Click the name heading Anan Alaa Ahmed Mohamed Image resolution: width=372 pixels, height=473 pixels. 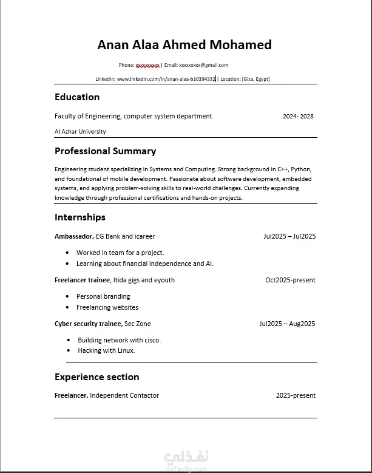coord(184,45)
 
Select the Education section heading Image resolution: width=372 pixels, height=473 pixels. coord(77,97)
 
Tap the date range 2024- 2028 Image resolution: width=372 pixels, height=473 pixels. coord(298,117)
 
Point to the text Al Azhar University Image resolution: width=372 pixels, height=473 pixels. coord(80,132)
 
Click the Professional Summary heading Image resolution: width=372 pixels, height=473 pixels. coord(105,151)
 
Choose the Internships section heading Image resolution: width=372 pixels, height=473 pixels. coord(79,217)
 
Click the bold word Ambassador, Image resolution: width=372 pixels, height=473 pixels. coord(73,236)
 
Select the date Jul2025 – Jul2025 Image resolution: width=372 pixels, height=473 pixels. coord(289,236)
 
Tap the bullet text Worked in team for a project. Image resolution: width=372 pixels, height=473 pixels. coord(120,253)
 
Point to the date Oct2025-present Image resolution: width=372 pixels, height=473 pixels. coord(290,280)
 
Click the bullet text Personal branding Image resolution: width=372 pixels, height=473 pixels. coord(103,296)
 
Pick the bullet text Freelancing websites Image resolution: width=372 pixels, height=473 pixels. coord(107,307)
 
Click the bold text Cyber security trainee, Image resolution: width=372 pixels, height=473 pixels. coord(88,324)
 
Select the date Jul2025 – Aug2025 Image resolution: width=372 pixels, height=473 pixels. coord(287,324)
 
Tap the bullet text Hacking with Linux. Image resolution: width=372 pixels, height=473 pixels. coord(106,350)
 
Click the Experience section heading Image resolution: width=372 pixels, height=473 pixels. coord(96,377)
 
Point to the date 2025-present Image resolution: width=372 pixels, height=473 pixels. coord(296,395)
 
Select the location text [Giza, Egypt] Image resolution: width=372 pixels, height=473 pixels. coord(255,79)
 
